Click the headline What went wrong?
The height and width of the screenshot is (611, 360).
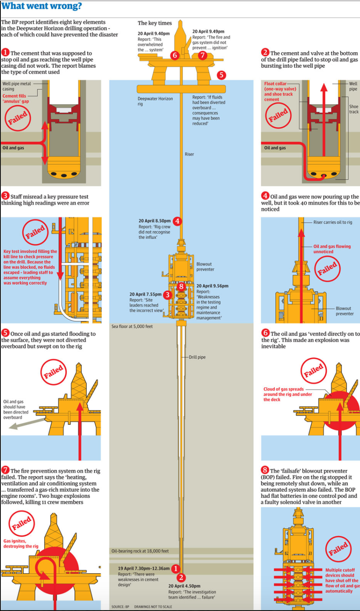click(41, 6)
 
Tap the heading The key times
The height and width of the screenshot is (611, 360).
click(154, 23)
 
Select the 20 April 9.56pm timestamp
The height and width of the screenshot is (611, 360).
click(212, 286)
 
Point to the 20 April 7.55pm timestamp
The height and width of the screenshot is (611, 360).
click(145, 294)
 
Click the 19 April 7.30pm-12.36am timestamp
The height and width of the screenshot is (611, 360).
click(144, 568)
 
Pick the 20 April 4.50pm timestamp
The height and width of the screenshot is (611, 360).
click(184, 586)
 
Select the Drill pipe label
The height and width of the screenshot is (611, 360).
click(197, 357)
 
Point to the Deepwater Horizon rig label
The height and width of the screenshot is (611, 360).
click(155, 101)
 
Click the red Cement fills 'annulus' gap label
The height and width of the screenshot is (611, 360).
click(15, 99)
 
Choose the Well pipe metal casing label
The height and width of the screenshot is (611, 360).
click(17, 86)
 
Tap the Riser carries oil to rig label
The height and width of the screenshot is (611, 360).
click(332, 222)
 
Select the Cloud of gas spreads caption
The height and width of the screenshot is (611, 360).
click(287, 394)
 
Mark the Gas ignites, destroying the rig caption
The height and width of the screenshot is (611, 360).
click(21, 543)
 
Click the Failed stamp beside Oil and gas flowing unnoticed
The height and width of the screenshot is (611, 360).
click(327, 269)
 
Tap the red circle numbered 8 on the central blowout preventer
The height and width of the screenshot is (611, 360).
click(181, 286)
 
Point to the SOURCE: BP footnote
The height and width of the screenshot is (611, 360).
click(120, 607)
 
